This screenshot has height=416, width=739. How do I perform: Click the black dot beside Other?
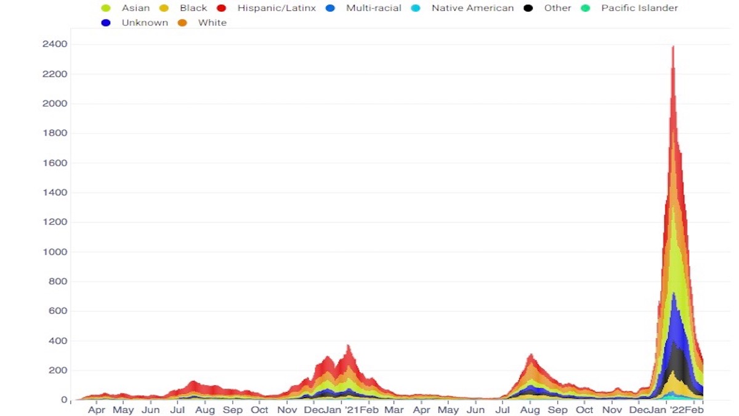[x=528, y=8]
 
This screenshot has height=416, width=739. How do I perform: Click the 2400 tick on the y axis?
[x=55, y=44]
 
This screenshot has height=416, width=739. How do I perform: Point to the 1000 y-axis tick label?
[x=55, y=252]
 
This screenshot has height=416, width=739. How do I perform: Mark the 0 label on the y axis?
[x=64, y=400]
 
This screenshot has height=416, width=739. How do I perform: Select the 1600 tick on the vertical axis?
[x=55, y=163]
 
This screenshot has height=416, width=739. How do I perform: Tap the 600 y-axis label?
[x=59, y=311]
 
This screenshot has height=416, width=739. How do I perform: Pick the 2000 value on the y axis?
[x=55, y=104]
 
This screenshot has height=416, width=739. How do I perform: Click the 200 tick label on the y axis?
[x=59, y=370]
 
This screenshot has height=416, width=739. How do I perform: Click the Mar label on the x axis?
[x=394, y=410]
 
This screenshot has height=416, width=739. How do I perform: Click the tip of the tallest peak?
[x=672, y=46]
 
